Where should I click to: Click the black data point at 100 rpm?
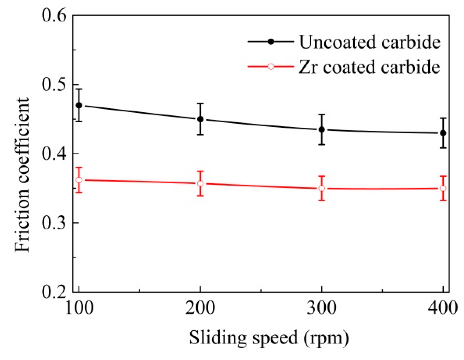click(x=79, y=105)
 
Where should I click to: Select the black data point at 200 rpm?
click(x=200, y=119)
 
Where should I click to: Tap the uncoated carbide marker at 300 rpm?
click(x=322, y=130)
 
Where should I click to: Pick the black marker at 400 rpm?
click(x=443, y=133)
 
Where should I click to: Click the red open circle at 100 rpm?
click(x=79, y=180)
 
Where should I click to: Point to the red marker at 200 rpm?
click(x=200, y=183)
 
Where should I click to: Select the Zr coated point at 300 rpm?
click(x=322, y=188)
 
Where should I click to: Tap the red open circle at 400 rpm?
click(x=443, y=188)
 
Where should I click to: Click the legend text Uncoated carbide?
click(x=370, y=42)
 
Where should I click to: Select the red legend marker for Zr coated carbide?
click(x=270, y=67)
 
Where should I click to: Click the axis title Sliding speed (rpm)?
click(x=269, y=338)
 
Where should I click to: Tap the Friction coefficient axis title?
click(x=22, y=175)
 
